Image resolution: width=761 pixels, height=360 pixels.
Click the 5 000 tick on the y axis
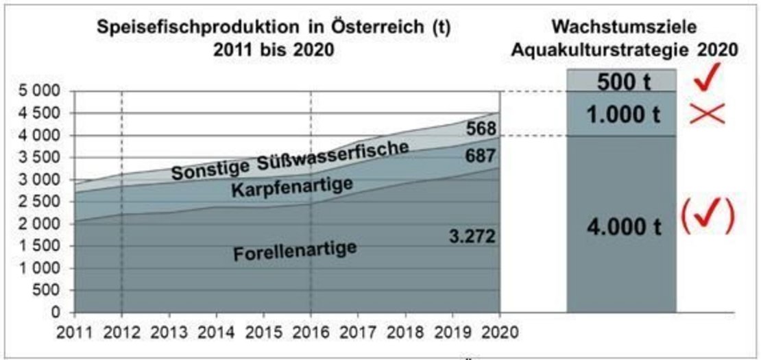coord(41,91)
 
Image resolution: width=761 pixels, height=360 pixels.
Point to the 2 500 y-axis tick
coord(41,202)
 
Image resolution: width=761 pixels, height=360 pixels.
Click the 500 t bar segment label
coord(623,81)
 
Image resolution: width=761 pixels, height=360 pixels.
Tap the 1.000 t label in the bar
coord(622,115)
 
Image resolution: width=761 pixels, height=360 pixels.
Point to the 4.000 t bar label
coord(622,226)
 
